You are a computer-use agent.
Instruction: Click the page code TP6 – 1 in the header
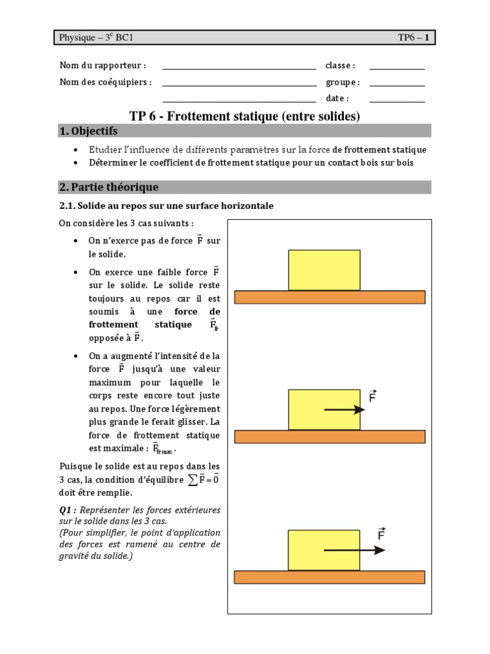(x=413, y=38)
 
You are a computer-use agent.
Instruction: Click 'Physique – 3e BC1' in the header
(x=96, y=38)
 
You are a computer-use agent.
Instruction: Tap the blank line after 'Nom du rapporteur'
(x=239, y=68)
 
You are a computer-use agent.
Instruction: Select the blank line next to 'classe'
(x=397, y=68)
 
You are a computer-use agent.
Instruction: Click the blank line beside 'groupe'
(x=397, y=84)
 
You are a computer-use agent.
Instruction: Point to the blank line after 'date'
(x=397, y=101)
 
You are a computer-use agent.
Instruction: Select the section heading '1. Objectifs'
(x=89, y=131)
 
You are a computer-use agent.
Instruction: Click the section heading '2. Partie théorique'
(x=108, y=187)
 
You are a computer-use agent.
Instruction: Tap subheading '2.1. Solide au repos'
(x=167, y=206)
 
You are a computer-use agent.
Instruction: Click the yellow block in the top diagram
(x=324, y=270)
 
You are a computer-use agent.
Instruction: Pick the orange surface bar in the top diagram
(x=329, y=297)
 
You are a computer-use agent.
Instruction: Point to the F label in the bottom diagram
(x=382, y=534)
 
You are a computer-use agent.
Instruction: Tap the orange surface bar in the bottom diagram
(x=329, y=577)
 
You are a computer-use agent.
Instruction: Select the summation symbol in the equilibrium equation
(x=191, y=480)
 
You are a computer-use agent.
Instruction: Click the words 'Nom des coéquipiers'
(x=105, y=82)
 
